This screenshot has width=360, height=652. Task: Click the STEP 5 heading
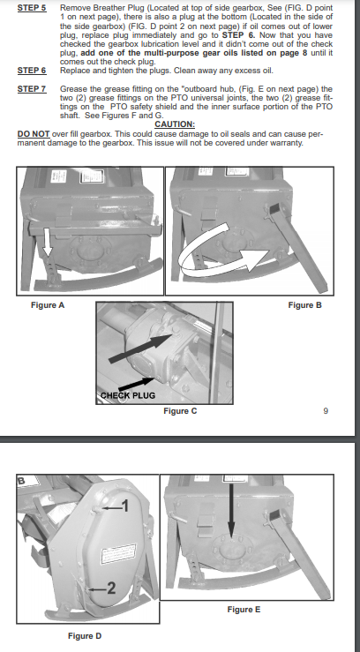pos(32,8)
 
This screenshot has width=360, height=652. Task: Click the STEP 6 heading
pos(32,71)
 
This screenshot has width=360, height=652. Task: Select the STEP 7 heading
pos(32,88)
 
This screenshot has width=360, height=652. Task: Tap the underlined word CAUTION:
pos(175,124)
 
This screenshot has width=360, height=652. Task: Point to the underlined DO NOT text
pos(34,134)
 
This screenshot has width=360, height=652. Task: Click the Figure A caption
pos(48,305)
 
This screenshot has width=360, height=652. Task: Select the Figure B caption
pos(304,305)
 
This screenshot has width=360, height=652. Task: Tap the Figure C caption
pos(180,411)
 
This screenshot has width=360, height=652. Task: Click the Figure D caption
pos(85,636)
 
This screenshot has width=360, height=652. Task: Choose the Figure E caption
pos(244,610)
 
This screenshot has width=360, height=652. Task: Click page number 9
pos(326,411)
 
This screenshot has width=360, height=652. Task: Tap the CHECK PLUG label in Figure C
pos(128,395)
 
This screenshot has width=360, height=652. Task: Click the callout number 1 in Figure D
pos(124,506)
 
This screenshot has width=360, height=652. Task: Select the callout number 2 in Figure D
pos(111,588)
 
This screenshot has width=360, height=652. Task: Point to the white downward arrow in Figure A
pos(48,243)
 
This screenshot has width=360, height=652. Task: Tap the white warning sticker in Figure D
pos(119,553)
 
